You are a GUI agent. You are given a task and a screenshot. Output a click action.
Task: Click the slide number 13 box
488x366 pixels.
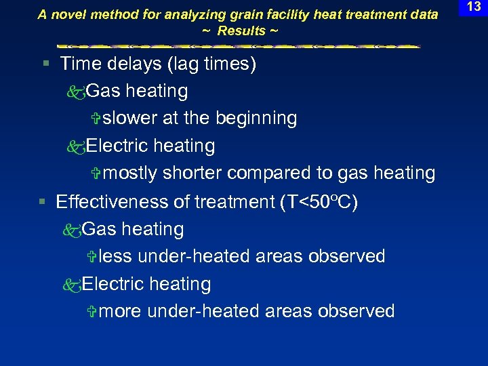(x=474, y=7)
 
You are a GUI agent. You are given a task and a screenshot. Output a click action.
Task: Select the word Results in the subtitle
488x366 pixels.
(x=241, y=31)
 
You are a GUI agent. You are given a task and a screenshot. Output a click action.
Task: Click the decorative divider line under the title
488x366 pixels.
(x=239, y=46)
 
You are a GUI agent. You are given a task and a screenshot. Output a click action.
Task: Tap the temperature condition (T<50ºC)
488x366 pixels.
(x=319, y=202)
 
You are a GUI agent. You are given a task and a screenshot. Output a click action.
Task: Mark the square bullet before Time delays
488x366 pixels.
(x=45, y=64)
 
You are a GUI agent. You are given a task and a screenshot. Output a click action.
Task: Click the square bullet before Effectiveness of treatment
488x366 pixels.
(x=42, y=202)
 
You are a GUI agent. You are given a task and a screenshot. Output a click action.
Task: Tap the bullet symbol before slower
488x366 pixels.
(x=96, y=119)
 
